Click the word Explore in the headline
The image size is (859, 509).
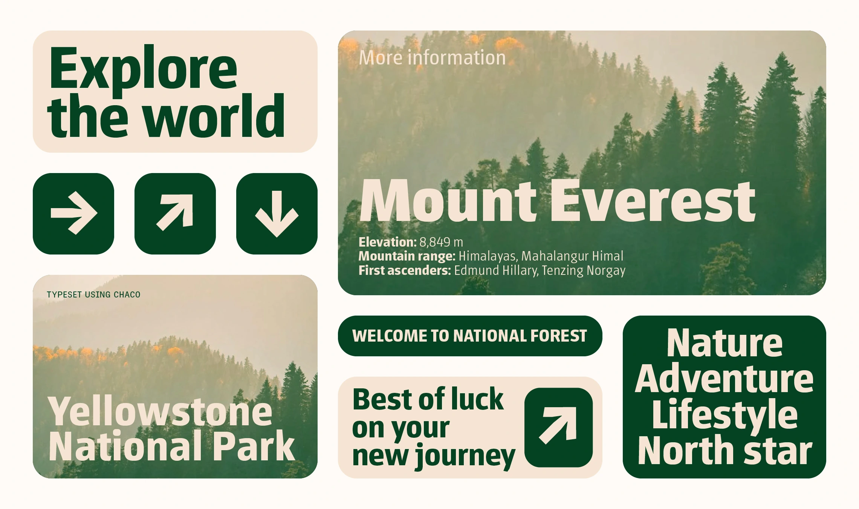click(143, 70)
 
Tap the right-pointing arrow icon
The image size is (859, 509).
click(74, 213)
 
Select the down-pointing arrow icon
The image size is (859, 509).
click(277, 214)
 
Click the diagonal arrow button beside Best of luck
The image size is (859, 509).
click(559, 427)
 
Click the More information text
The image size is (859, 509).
click(432, 58)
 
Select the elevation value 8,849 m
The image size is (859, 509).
click(441, 242)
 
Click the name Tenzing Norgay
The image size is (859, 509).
click(584, 271)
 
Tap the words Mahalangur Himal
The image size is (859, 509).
click(572, 256)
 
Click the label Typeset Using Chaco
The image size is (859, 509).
click(93, 294)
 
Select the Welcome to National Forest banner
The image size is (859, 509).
click(470, 336)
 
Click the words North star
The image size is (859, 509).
click(725, 450)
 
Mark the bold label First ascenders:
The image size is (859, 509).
click(405, 271)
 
